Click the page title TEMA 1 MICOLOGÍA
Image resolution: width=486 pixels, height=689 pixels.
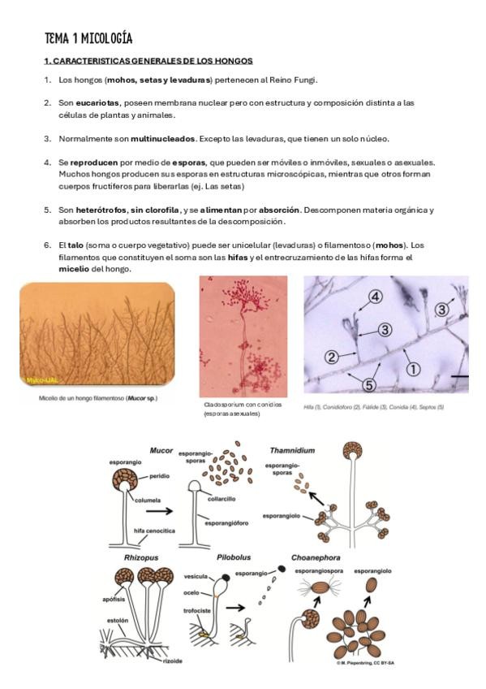[x=88, y=39]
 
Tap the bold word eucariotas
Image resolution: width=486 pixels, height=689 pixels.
[x=97, y=103]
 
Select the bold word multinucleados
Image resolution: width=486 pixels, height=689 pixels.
[x=163, y=139]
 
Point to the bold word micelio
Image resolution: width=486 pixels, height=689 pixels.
[x=74, y=269]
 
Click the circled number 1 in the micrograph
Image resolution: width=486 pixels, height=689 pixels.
[x=412, y=369]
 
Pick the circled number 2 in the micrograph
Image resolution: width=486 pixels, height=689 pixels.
[x=332, y=357]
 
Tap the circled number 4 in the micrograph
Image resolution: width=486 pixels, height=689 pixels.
[x=375, y=297]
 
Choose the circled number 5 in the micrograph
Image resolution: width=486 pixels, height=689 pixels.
[x=369, y=385]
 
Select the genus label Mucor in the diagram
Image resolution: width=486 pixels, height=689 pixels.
[x=161, y=450]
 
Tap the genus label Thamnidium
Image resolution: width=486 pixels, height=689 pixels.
[x=292, y=450]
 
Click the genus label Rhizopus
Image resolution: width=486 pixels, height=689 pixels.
[x=141, y=557]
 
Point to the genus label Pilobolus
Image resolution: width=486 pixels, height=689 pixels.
[x=234, y=557]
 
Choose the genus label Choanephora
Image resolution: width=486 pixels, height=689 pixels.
[x=316, y=557]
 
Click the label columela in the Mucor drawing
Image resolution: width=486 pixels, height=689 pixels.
[x=148, y=500]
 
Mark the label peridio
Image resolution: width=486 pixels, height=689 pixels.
[x=159, y=476]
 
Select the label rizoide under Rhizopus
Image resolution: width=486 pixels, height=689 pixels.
[x=172, y=661]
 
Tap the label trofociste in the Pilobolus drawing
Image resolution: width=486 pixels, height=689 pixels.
[x=197, y=611]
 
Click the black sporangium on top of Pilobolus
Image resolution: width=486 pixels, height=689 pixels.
[x=226, y=577]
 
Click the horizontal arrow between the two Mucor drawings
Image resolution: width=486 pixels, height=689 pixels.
[x=159, y=511]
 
